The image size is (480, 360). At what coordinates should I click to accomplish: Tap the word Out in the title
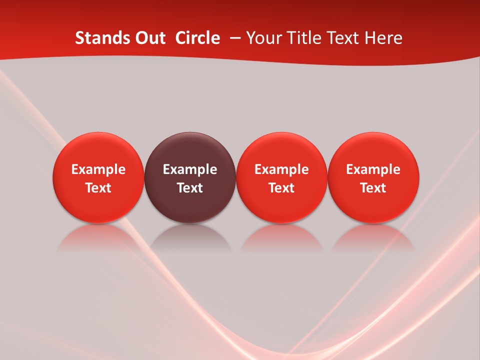150,38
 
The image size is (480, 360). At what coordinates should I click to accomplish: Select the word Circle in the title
197,38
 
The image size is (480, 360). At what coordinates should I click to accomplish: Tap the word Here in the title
385,38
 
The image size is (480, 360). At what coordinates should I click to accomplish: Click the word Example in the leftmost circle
98,169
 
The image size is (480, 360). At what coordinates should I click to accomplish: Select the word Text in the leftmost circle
98,188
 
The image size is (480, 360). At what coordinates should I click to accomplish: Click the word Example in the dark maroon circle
190,169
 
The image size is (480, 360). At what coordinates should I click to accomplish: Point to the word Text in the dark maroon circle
190,188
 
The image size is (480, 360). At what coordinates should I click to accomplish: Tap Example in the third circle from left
281,169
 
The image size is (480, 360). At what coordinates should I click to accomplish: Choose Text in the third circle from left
281,188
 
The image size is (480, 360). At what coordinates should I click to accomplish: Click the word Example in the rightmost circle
373,169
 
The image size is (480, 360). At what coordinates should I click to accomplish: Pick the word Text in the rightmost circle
373,188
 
